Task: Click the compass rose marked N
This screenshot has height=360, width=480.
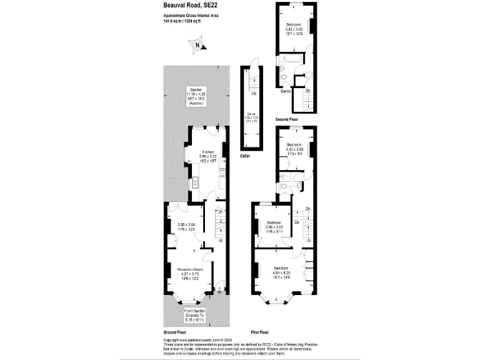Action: [x=197, y=44]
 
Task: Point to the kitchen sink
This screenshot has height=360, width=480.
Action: [x=196, y=182]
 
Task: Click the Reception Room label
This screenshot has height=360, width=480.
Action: [x=190, y=269]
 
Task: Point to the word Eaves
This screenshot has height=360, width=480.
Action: [x=286, y=91]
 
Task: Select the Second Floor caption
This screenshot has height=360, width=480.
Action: [x=287, y=119]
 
